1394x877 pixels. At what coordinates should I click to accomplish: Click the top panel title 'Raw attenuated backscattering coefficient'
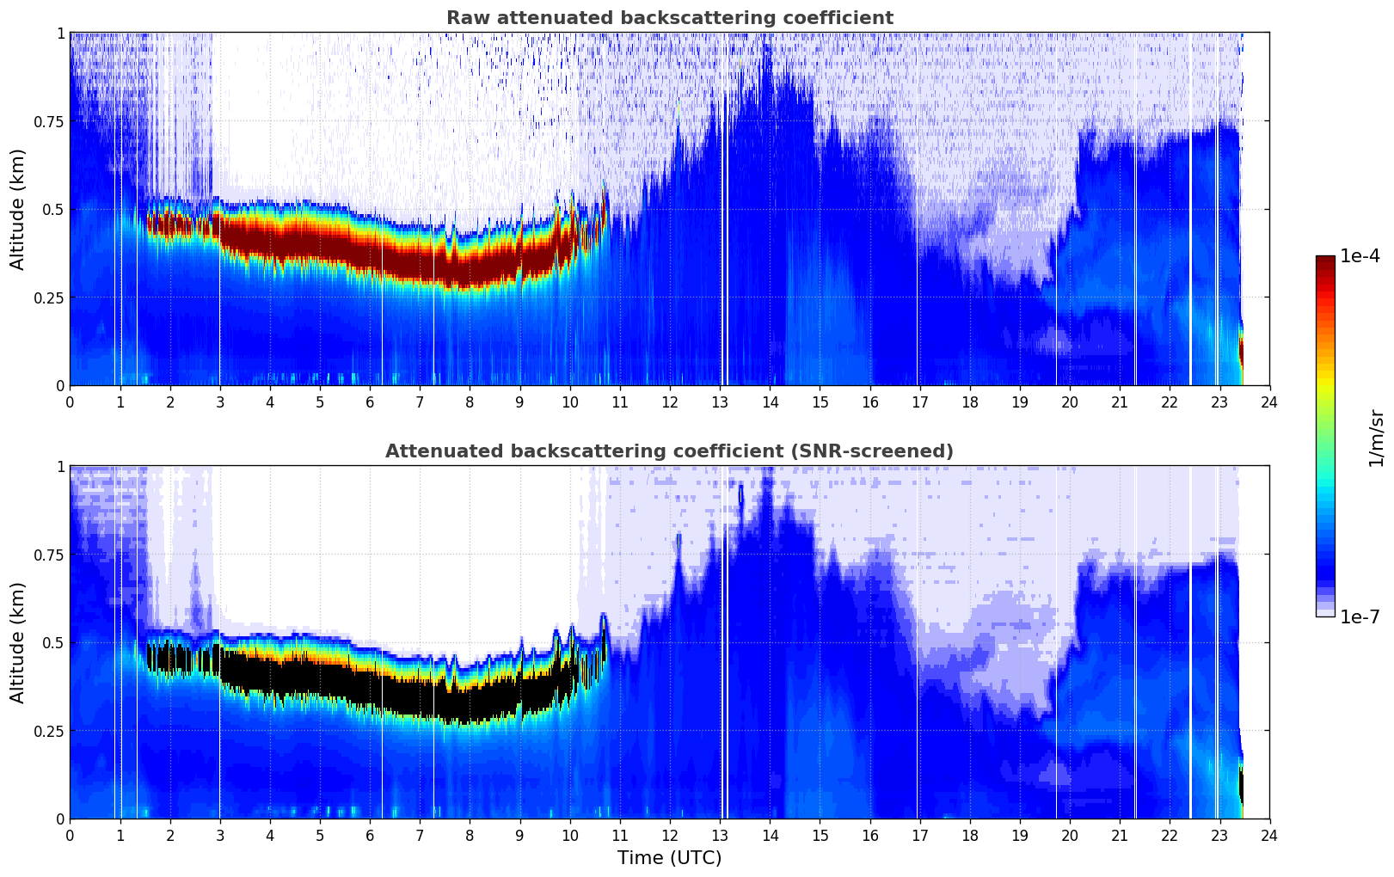click(x=669, y=18)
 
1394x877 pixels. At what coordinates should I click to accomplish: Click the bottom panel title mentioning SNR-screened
click(x=669, y=451)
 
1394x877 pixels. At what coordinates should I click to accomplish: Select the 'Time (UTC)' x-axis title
click(x=669, y=858)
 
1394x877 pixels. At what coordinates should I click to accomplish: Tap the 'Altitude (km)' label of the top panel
click(x=18, y=209)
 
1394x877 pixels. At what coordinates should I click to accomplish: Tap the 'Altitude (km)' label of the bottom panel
click(x=18, y=642)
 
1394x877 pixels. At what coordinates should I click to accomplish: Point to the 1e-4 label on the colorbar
click(x=1360, y=256)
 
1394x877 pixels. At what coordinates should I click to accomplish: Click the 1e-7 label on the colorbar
click(x=1360, y=616)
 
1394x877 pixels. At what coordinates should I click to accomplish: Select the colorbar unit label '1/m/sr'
click(x=1376, y=438)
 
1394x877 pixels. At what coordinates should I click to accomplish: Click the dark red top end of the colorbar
click(x=1325, y=261)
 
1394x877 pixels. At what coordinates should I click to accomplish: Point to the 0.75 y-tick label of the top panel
click(x=47, y=121)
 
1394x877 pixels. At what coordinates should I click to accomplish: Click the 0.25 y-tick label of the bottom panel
click(x=47, y=731)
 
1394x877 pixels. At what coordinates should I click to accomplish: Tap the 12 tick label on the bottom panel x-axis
click(x=669, y=836)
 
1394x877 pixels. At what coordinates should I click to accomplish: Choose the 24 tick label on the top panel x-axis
click(x=1269, y=402)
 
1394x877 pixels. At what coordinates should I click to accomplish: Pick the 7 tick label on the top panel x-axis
click(x=420, y=402)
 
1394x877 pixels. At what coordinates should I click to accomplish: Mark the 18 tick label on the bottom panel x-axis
click(x=969, y=836)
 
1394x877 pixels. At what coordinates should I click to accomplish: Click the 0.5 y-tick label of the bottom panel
click(x=53, y=642)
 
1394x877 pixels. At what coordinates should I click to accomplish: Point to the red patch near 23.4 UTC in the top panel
click(x=1241, y=351)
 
